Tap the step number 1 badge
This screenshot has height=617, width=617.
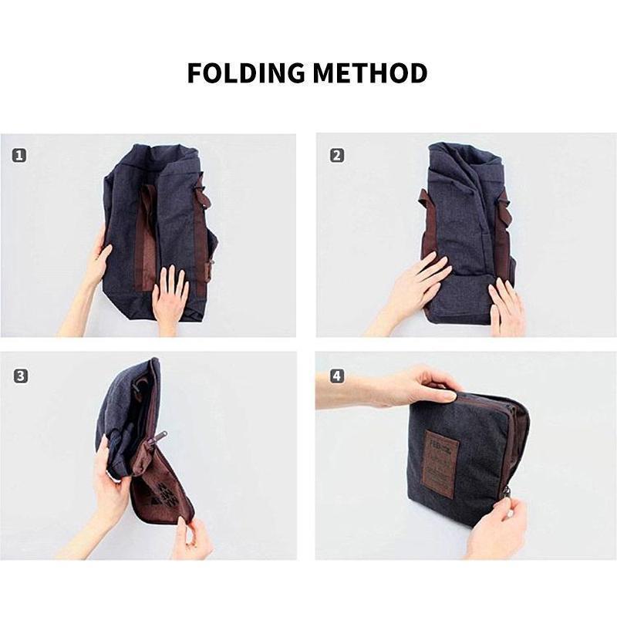click(x=19, y=155)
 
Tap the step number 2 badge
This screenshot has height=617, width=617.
click(x=336, y=155)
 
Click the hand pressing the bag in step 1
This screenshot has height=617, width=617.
click(x=170, y=297)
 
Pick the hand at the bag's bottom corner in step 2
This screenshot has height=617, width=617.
click(x=505, y=305)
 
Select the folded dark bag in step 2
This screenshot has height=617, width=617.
click(x=463, y=224)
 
